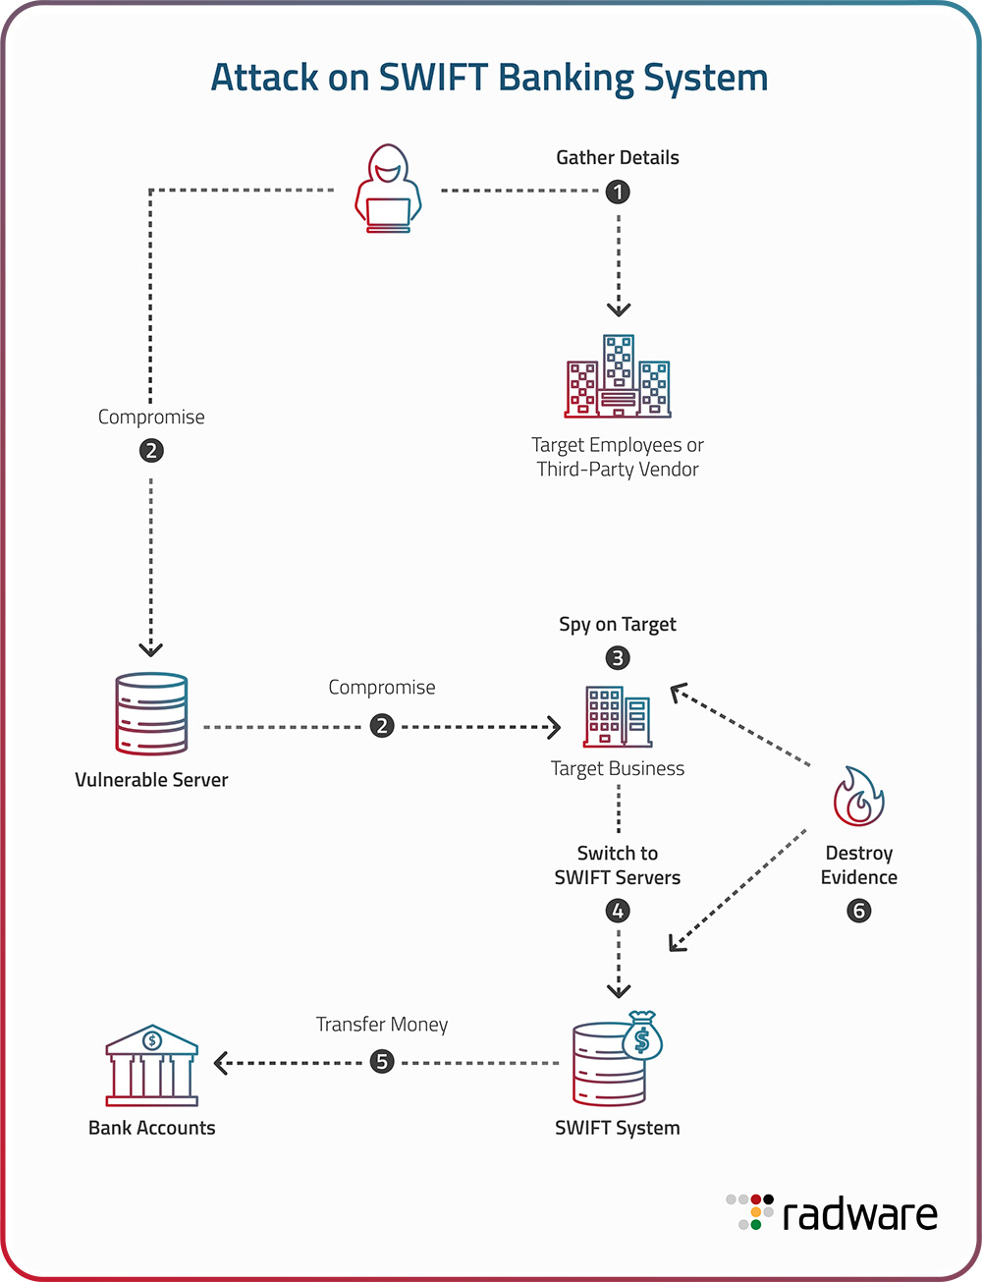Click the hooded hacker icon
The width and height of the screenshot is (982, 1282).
[388, 189]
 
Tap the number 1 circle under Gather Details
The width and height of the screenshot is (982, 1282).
[618, 192]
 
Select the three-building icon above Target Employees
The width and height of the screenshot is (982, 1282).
[618, 377]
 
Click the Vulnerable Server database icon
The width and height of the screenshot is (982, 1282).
[151, 713]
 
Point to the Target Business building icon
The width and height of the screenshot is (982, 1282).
[618, 716]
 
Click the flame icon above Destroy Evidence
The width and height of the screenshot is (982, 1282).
[858, 797]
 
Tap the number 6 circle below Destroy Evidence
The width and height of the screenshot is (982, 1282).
[858, 911]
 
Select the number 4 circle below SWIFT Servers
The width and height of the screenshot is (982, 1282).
[618, 911]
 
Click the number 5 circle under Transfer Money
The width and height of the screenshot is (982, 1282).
[382, 1062]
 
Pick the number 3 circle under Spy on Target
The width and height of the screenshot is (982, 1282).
[618, 658]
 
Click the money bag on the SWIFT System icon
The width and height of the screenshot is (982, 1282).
[642, 1035]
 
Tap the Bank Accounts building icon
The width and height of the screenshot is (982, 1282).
[151, 1066]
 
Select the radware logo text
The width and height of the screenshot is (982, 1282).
[859, 1215]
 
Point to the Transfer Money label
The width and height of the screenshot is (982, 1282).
[382, 1025]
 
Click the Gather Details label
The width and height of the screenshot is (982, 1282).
[618, 157]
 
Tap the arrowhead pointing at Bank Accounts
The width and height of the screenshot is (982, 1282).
[221, 1063]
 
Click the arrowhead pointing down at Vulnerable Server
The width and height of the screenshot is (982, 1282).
[150, 649]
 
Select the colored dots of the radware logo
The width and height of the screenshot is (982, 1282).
[750, 1212]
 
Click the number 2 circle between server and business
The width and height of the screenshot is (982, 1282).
[382, 727]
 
